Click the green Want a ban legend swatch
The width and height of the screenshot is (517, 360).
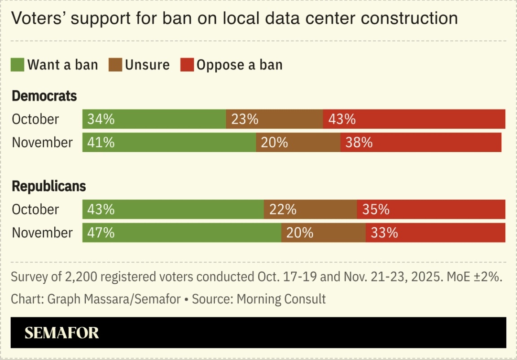[x=18, y=65]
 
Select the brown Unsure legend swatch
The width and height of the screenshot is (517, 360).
[x=115, y=65]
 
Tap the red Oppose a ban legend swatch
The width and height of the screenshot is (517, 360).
[x=187, y=65]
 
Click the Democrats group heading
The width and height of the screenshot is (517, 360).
[x=44, y=96]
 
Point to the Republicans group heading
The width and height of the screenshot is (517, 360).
[x=48, y=186]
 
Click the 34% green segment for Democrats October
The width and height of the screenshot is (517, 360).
[x=154, y=119]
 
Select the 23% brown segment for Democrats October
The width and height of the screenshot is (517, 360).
[x=274, y=119]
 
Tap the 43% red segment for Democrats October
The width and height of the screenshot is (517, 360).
[x=414, y=119]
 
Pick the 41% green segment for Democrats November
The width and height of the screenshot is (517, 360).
[x=169, y=142]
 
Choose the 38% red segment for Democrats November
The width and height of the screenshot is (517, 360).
[x=421, y=142]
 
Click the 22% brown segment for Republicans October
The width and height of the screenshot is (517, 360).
[x=310, y=210]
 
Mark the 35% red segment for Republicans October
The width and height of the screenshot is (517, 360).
[x=431, y=210]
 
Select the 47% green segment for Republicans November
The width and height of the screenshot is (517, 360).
[x=182, y=233]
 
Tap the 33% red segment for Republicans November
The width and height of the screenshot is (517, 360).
[x=435, y=233]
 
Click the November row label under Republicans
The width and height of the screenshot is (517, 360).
[x=42, y=233]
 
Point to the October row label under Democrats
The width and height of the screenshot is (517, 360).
[x=35, y=119]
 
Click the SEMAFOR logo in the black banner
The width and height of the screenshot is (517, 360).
[x=61, y=333]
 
